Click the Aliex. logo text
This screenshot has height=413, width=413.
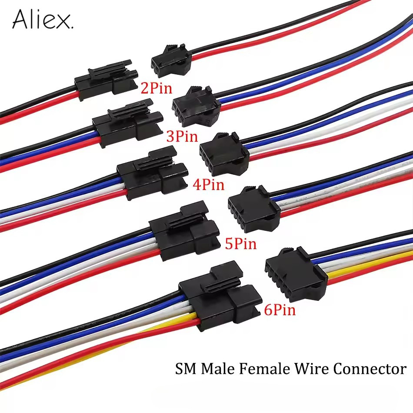[x=43, y=20]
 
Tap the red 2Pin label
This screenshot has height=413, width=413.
[x=156, y=88]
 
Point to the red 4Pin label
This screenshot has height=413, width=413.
[x=208, y=185]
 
